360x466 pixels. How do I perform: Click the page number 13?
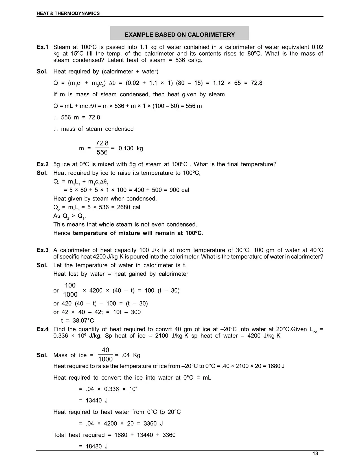coord(315,454)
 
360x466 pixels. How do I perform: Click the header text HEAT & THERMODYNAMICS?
coord(68,13)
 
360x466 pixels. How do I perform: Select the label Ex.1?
coord(43,47)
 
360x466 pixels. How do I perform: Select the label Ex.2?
coord(43,164)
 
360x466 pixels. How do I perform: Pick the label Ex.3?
coord(43,250)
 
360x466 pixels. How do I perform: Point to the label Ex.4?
coord(43,329)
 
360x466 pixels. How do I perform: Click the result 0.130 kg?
coord(131,148)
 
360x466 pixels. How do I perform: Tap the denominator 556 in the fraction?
coord(102,153)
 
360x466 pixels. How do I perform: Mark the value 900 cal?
coord(179,190)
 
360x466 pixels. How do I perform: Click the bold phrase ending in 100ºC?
coord(138,233)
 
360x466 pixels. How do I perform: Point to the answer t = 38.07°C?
coord(78,321)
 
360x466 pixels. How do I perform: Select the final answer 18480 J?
coord(97,447)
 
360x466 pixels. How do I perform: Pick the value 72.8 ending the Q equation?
coord(256,83)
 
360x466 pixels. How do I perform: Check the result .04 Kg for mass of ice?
coord(131,355)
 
